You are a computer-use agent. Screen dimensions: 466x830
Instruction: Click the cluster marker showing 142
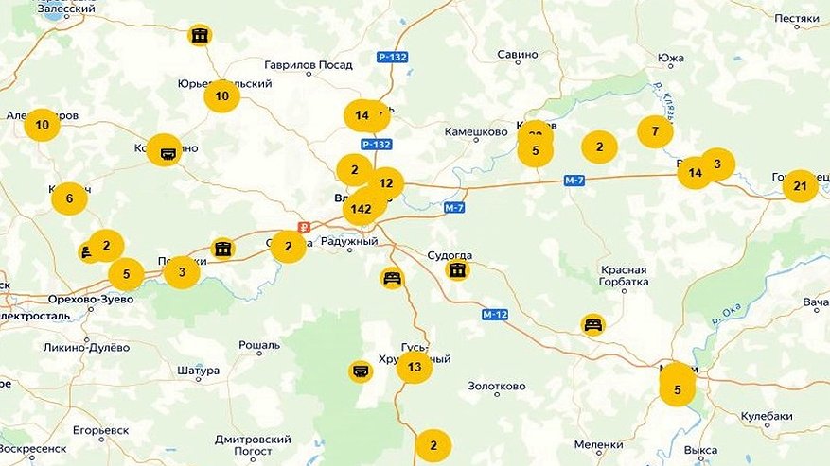point(361,208)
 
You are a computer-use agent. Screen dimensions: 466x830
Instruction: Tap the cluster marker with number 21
point(800,186)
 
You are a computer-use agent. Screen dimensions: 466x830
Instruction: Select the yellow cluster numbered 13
point(415,367)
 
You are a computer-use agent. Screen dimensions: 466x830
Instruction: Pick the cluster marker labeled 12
point(386,183)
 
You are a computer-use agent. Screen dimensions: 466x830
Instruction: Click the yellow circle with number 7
point(655,131)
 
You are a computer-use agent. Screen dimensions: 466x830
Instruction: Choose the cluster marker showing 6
point(69,198)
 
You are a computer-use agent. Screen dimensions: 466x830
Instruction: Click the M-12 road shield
point(495,314)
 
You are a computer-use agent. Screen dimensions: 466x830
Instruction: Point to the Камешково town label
point(476,132)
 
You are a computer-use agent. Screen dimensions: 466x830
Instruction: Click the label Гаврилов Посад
point(309,64)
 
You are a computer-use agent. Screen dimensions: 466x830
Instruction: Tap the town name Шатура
point(198,371)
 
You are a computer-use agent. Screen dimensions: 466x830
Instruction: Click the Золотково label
point(496,387)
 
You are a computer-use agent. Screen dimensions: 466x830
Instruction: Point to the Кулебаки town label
point(767,416)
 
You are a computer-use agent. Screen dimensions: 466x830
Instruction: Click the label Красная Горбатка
point(624,275)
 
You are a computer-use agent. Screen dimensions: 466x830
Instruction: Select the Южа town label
point(670,59)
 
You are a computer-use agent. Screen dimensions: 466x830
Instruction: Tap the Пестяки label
point(796,18)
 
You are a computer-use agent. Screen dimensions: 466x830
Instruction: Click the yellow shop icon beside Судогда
point(457,270)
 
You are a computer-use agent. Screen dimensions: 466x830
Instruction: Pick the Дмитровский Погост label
point(253,445)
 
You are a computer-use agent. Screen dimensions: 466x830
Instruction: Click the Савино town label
point(518,55)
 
